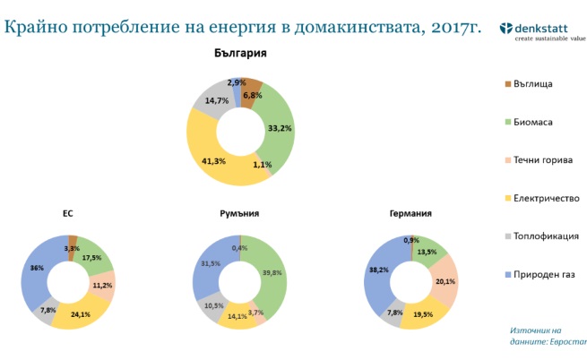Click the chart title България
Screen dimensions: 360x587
click(x=240, y=53)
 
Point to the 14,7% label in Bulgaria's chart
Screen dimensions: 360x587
click(x=215, y=101)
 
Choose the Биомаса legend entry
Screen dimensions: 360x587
click(x=529, y=121)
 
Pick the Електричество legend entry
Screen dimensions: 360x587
click(x=541, y=198)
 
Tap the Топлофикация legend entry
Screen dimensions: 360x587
click(x=541, y=236)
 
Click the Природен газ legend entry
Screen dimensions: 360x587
click(x=538, y=275)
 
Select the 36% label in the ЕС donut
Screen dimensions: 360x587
click(x=38, y=268)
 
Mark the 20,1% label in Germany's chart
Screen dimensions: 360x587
click(x=445, y=280)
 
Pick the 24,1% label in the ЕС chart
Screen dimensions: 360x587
click(x=82, y=314)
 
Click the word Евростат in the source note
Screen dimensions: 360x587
click(x=565, y=342)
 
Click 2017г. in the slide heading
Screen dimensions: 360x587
click(x=452, y=26)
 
